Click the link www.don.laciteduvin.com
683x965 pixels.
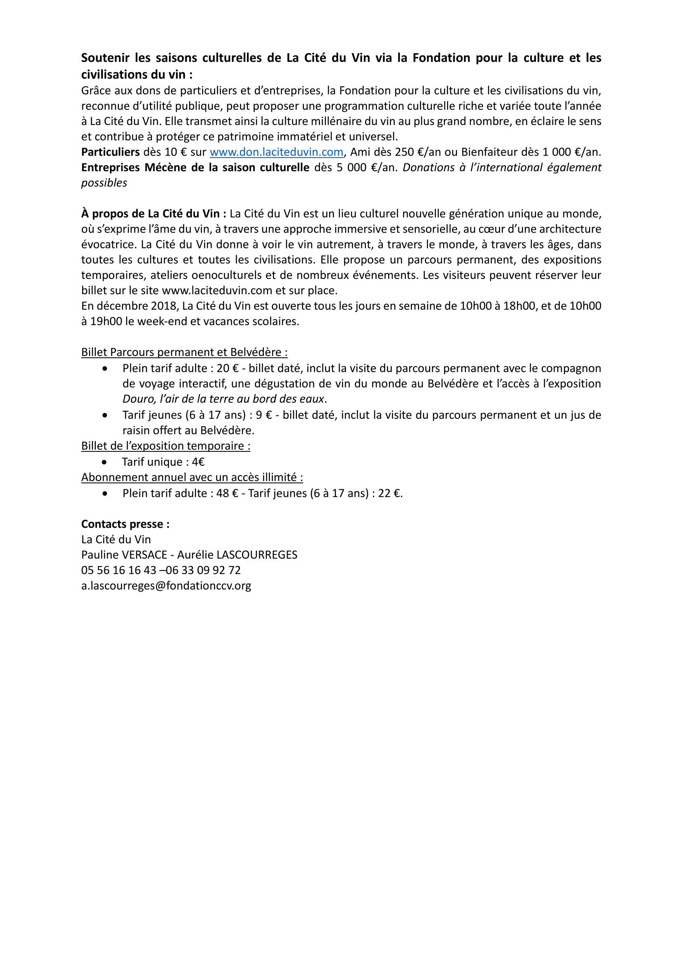[276, 152]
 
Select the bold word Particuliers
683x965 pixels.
[110, 152]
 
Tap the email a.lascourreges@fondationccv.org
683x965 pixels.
[166, 585]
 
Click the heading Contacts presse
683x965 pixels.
[125, 524]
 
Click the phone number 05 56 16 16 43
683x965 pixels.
[119, 570]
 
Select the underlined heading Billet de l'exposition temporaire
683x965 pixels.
[166, 446]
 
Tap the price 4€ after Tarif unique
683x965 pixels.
[198, 462]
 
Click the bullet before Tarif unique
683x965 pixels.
[105, 462]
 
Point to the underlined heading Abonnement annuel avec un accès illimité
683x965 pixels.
[192, 477]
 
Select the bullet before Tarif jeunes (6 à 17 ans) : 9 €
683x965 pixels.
[105, 415]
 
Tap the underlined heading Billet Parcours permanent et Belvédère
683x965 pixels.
[184, 352]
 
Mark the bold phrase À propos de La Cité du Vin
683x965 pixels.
[154, 214]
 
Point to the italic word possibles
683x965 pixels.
[104, 183]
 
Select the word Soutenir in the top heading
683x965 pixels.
[105, 58]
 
